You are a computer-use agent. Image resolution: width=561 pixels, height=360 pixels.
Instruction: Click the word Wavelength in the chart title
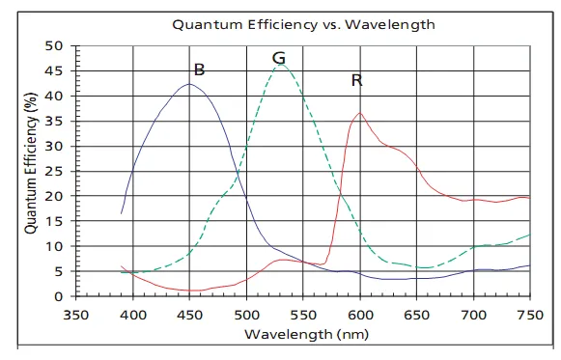(x=390, y=24)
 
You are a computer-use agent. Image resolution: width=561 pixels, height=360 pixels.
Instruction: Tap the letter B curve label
(x=199, y=69)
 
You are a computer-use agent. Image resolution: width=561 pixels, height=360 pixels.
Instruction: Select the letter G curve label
(x=279, y=58)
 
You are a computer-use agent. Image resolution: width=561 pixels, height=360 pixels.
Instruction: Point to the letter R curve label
(x=356, y=80)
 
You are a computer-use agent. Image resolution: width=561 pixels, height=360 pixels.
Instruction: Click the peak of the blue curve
(x=189, y=84)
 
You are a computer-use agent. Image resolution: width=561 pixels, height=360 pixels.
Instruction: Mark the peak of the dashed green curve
(x=281, y=65)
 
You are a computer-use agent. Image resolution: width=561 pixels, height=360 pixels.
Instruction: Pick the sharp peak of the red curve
(x=360, y=113)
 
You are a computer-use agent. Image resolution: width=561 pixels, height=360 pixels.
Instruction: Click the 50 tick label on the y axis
(x=54, y=45)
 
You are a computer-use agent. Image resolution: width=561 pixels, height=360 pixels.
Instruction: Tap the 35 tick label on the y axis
(x=54, y=122)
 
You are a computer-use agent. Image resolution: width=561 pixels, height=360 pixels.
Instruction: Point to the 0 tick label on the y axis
(x=58, y=296)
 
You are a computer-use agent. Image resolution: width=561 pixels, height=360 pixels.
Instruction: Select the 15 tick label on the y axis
(x=54, y=221)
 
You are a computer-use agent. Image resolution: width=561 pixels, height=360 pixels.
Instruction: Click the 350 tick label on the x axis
(x=76, y=315)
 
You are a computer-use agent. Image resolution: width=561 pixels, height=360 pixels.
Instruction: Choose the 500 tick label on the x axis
(x=246, y=315)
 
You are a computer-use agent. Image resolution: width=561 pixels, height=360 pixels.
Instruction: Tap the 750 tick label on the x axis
(x=530, y=315)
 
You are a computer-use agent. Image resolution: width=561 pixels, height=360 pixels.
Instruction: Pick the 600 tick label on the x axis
(x=360, y=315)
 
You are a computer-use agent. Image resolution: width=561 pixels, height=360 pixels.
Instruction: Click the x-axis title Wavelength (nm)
(x=306, y=334)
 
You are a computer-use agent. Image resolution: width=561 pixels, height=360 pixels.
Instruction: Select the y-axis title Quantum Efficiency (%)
(x=31, y=163)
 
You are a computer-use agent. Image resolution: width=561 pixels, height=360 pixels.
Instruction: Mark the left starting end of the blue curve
(x=122, y=213)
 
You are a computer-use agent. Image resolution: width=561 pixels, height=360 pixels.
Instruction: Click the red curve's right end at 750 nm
(x=529, y=198)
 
